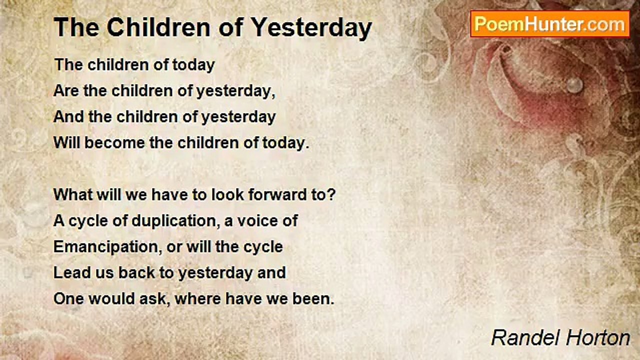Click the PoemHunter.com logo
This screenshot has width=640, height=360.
click(550, 24)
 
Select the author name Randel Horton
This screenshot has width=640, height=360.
click(560, 337)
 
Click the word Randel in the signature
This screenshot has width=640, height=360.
click(525, 337)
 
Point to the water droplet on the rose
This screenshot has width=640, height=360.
click(574, 85)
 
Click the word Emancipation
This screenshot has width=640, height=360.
click(105, 247)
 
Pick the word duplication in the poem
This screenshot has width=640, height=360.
click(175, 221)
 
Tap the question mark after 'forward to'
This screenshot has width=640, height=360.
click(331, 194)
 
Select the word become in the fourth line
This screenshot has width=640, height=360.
click(115, 142)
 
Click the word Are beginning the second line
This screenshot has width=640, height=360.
click(66, 91)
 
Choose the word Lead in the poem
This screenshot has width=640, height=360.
click(71, 272)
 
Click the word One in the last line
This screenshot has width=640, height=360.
click(69, 299)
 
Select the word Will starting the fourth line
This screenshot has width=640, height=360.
click(66, 142)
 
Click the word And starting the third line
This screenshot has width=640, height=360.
click(68, 117)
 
